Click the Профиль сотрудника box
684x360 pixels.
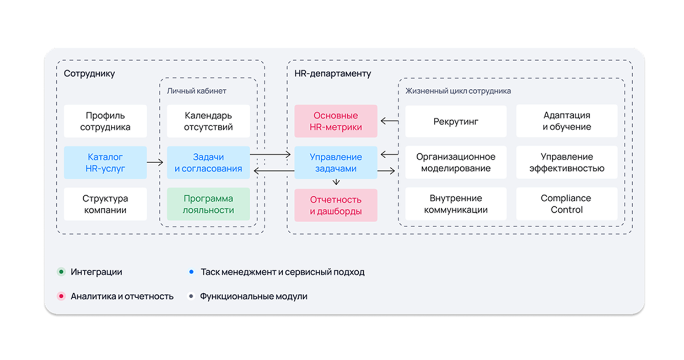pyautogui.click(x=105, y=121)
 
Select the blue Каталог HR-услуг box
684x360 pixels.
pyautogui.click(x=105, y=163)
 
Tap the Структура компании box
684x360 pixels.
pyautogui.click(x=105, y=204)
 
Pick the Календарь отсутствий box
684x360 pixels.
pyautogui.click(x=208, y=121)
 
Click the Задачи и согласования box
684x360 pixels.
pyautogui.click(x=208, y=163)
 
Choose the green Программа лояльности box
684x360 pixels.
pyautogui.click(x=208, y=204)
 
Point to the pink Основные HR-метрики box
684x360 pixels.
pyautogui.click(x=336, y=121)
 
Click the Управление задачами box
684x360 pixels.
pyautogui.click(x=336, y=163)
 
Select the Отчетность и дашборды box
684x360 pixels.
pyautogui.click(x=336, y=205)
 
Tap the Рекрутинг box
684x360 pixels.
pyautogui.click(x=456, y=121)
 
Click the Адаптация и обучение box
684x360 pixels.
pyautogui.click(x=567, y=121)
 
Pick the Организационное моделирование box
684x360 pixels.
pyautogui.click(x=456, y=163)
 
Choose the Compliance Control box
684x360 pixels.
pyautogui.click(x=567, y=204)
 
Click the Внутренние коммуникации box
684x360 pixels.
pyautogui.click(x=456, y=204)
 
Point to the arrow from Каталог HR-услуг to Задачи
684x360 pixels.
pyautogui.click(x=155, y=162)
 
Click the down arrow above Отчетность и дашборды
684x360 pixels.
pyautogui.click(x=336, y=183)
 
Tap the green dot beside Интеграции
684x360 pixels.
pyautogui.click(x=61, y=272)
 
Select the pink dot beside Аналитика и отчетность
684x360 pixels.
pyautogui.click(x=61, y=296)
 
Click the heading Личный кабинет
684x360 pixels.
pyautogui.click(x=197, y=90)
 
